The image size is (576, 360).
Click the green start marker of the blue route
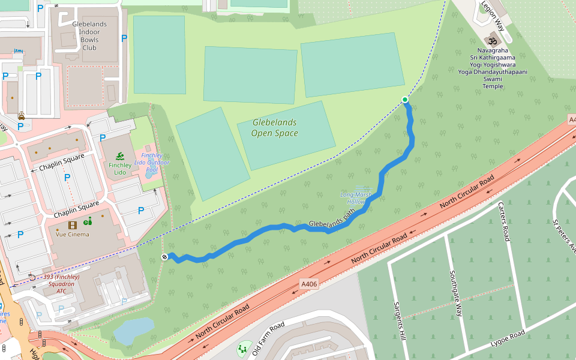point(405,100)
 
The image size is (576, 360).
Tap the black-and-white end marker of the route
point(164,257)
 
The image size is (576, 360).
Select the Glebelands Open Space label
point(274,128)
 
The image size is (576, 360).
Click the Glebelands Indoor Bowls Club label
point(89,36)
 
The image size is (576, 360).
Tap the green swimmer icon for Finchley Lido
point(119,155)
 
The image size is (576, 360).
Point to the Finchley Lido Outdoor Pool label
point(151,163)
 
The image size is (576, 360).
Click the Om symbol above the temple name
point(493,41)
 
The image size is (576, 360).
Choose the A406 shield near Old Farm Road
point(308,283)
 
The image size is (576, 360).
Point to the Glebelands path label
point(329,223)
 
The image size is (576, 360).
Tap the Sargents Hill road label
point(399,320)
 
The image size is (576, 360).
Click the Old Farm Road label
point(268,339)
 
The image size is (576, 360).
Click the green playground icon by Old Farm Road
point(244,349)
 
